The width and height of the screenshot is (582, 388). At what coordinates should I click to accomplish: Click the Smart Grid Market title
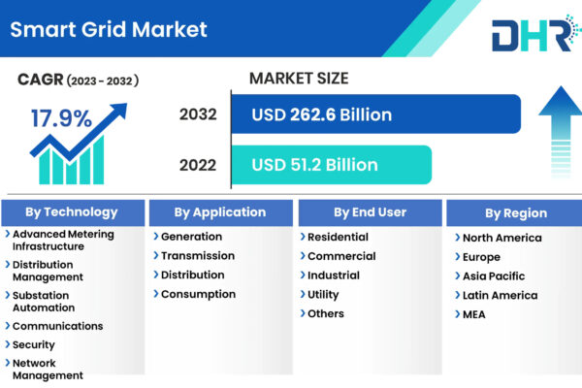coord(109,30)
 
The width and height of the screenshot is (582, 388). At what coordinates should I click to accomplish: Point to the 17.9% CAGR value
coord(61,118)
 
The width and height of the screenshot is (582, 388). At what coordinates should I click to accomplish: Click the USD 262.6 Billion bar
coord(376,114)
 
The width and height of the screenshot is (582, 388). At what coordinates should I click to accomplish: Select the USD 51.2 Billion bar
coord(332,165)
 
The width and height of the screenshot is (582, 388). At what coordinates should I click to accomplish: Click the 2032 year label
coord(198,114)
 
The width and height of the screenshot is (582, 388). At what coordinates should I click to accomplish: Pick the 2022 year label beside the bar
coord(198,165)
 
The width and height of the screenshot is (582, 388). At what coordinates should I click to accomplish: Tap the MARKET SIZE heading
coord(299,79)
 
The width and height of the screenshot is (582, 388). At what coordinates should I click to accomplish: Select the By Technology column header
coord(73,212)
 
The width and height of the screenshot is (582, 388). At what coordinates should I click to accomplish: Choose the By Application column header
coord(221,212)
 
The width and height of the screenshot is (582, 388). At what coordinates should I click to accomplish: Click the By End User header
coord(371,212)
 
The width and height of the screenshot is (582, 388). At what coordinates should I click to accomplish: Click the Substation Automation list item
coord(44,302)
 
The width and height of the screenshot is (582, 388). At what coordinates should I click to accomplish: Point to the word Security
coord(34,345)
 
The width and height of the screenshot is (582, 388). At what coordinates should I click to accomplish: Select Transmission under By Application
coord(198,256)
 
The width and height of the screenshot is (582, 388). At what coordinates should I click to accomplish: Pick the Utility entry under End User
coord(323,295)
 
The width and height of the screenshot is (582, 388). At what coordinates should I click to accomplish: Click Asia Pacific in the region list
coord(494,276)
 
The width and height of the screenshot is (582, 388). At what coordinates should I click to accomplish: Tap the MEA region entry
coord(474,314)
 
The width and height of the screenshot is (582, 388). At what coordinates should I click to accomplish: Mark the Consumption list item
coord(198,295)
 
